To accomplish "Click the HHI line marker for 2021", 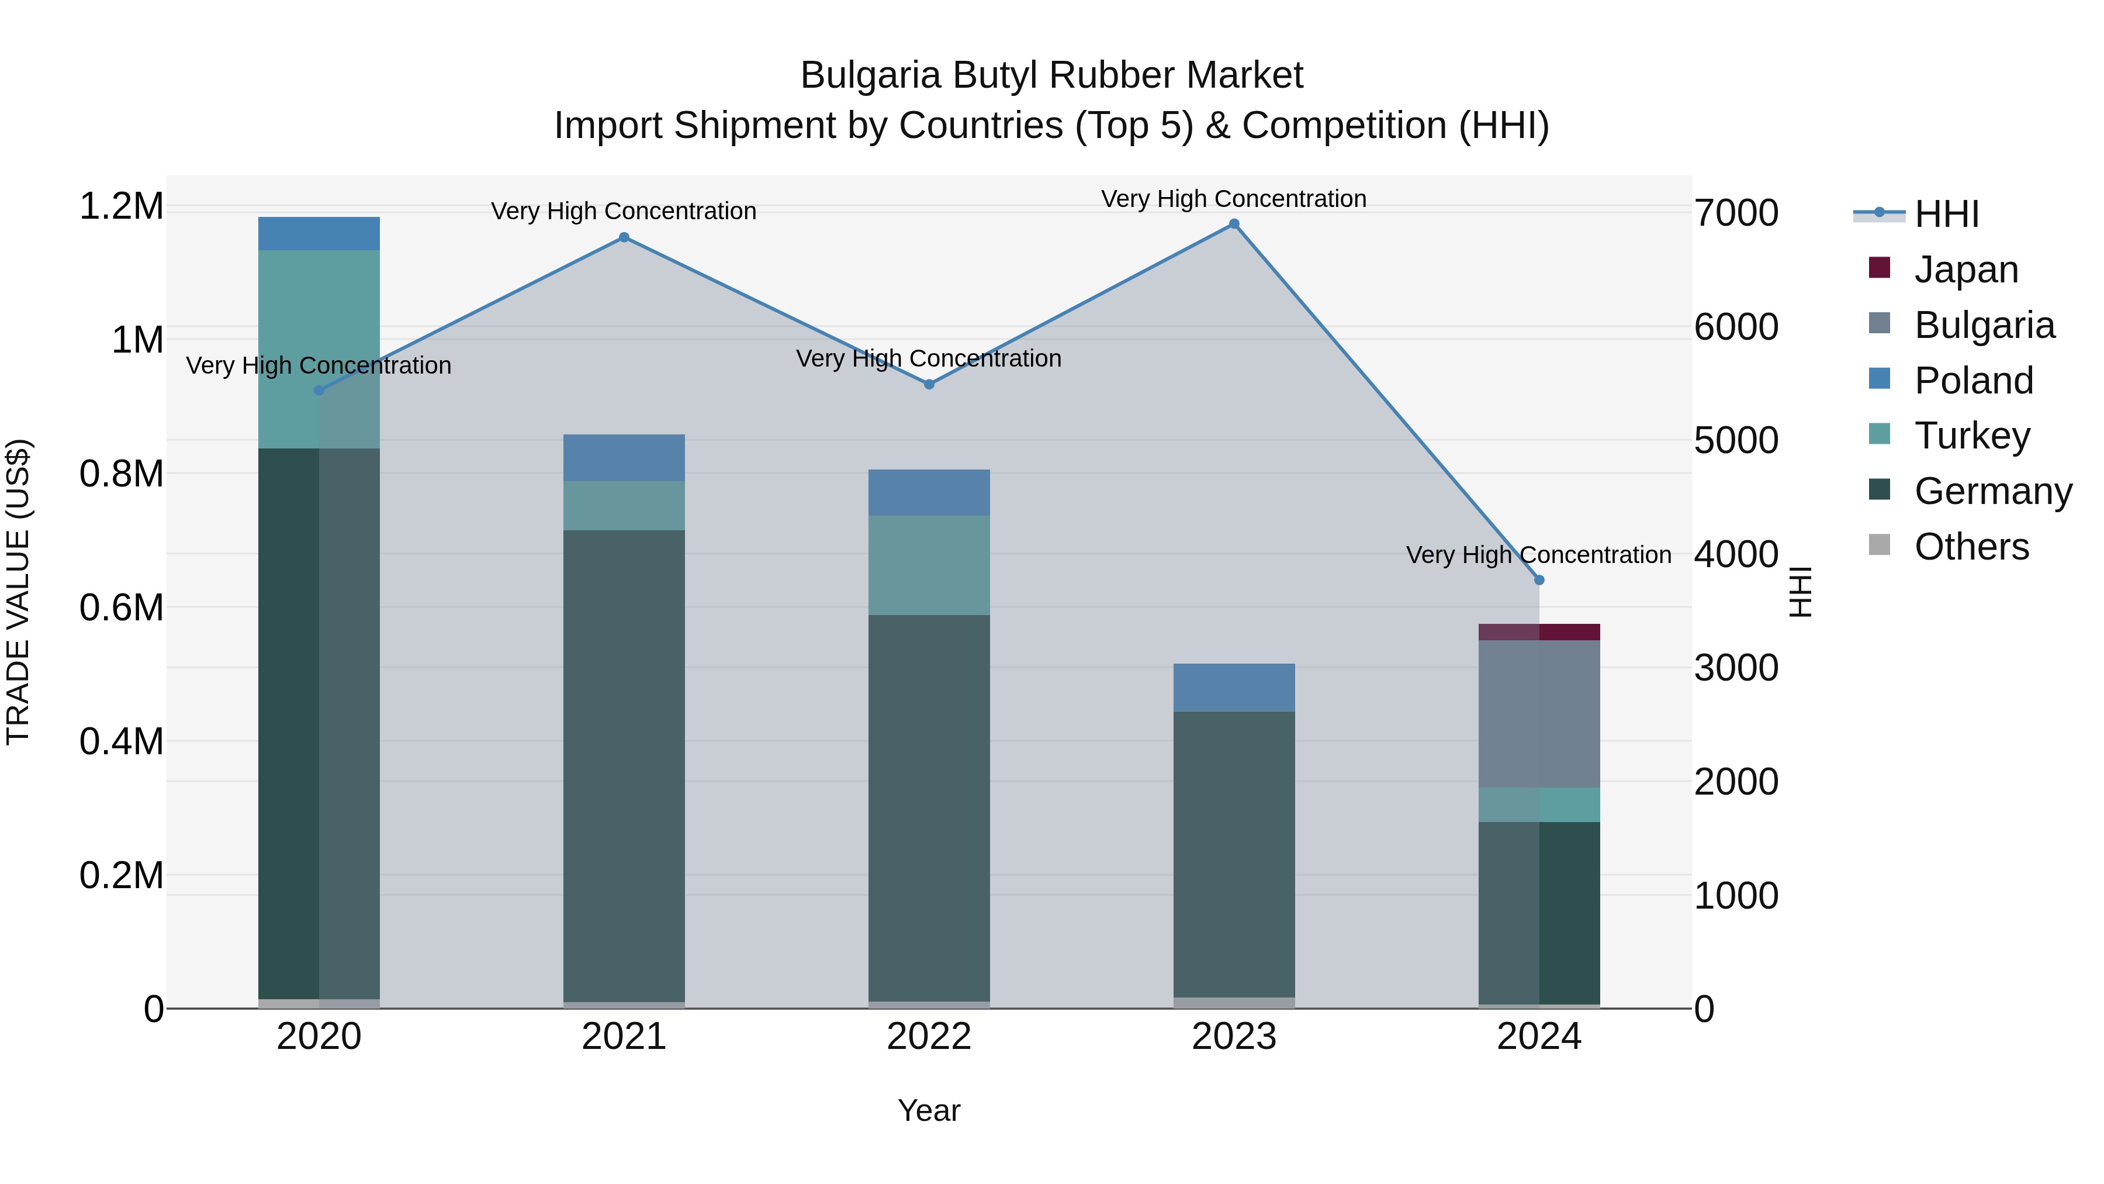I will [624, 237].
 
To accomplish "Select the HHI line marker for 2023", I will [1234, 224].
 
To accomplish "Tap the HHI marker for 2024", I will [1539, 580].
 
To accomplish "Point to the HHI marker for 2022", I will [929, 384].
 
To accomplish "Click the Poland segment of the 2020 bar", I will [319, 234].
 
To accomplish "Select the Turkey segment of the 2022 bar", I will [929, 565].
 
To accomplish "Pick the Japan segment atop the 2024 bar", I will [1539, 631].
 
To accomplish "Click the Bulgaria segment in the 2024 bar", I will [1539, 713].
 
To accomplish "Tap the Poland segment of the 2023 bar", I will [1234, 687].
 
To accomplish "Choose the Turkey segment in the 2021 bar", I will [624, 506].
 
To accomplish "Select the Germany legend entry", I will [1993, 491].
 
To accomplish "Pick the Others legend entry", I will [1971, 547].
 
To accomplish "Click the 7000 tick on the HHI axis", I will [1736, 213].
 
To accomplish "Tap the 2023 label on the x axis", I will [1234, 1037].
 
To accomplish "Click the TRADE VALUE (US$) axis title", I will [19, 592].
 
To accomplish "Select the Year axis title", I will [929, 1110].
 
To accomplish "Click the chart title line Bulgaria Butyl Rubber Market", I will [1051, 75].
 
